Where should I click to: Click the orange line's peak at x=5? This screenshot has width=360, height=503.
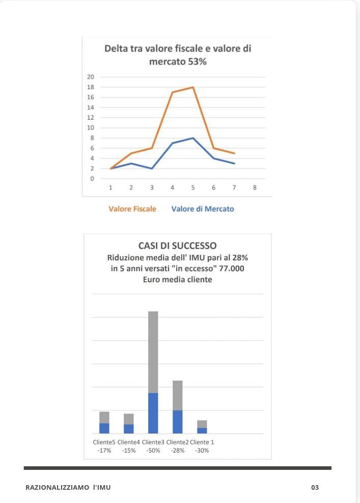click(193, 87)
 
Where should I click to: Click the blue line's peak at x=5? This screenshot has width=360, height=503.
click(193, 138)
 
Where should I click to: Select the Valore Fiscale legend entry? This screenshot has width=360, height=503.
click(132, 209)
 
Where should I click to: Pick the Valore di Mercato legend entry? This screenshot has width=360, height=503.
click(203, 209)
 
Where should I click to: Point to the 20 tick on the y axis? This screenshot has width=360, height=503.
click(91, 77)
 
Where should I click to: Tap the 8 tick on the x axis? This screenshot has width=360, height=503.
click(255, 188)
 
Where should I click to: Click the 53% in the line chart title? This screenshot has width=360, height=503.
click(196, 62)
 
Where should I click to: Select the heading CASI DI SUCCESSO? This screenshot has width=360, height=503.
click(177, 246)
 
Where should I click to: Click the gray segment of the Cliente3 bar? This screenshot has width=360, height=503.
click(153, 352)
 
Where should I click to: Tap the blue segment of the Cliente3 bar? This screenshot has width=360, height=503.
click(153, 413)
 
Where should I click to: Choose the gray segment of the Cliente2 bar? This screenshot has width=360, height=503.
click(178, 395)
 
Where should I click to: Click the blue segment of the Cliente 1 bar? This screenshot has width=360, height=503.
click(202, 431)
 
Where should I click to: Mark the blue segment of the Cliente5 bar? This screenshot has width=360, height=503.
click(104, 428)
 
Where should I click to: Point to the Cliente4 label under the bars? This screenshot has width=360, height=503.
click(128, 442)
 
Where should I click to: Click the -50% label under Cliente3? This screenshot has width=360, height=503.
click(153, 451)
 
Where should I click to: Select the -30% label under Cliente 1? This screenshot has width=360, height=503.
click(202, 451)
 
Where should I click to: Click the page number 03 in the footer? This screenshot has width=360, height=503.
click(315, 488)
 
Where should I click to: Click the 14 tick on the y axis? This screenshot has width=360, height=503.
click(91, 108)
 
